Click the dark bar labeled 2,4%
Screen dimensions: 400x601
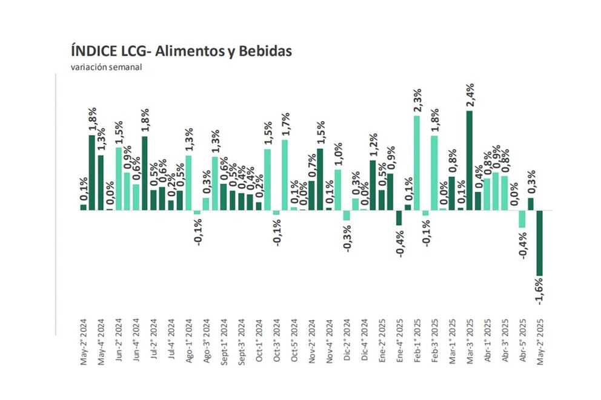(x=470, y=160)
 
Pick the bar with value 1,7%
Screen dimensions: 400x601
(x=285, y=175)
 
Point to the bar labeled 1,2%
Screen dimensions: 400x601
(x=373, y=185)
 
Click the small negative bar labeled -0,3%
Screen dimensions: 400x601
(x=347, y=215)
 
